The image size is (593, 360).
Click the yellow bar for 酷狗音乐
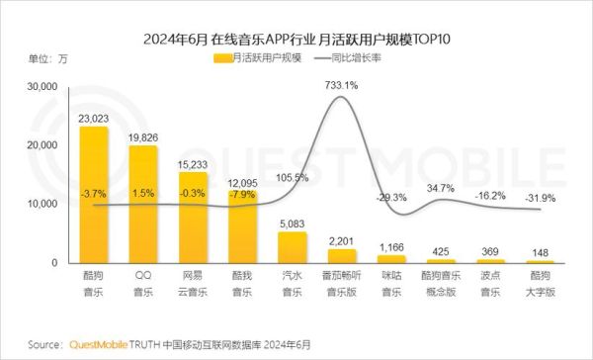[95, 194]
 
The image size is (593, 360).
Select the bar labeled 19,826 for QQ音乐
[143, 204]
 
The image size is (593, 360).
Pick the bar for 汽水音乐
[293, 247]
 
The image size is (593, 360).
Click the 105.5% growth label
[293, 178]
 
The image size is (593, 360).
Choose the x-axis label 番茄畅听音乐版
[342, 282]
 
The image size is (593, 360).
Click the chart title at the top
[296, 37]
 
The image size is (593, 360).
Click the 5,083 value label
[293, 225]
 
